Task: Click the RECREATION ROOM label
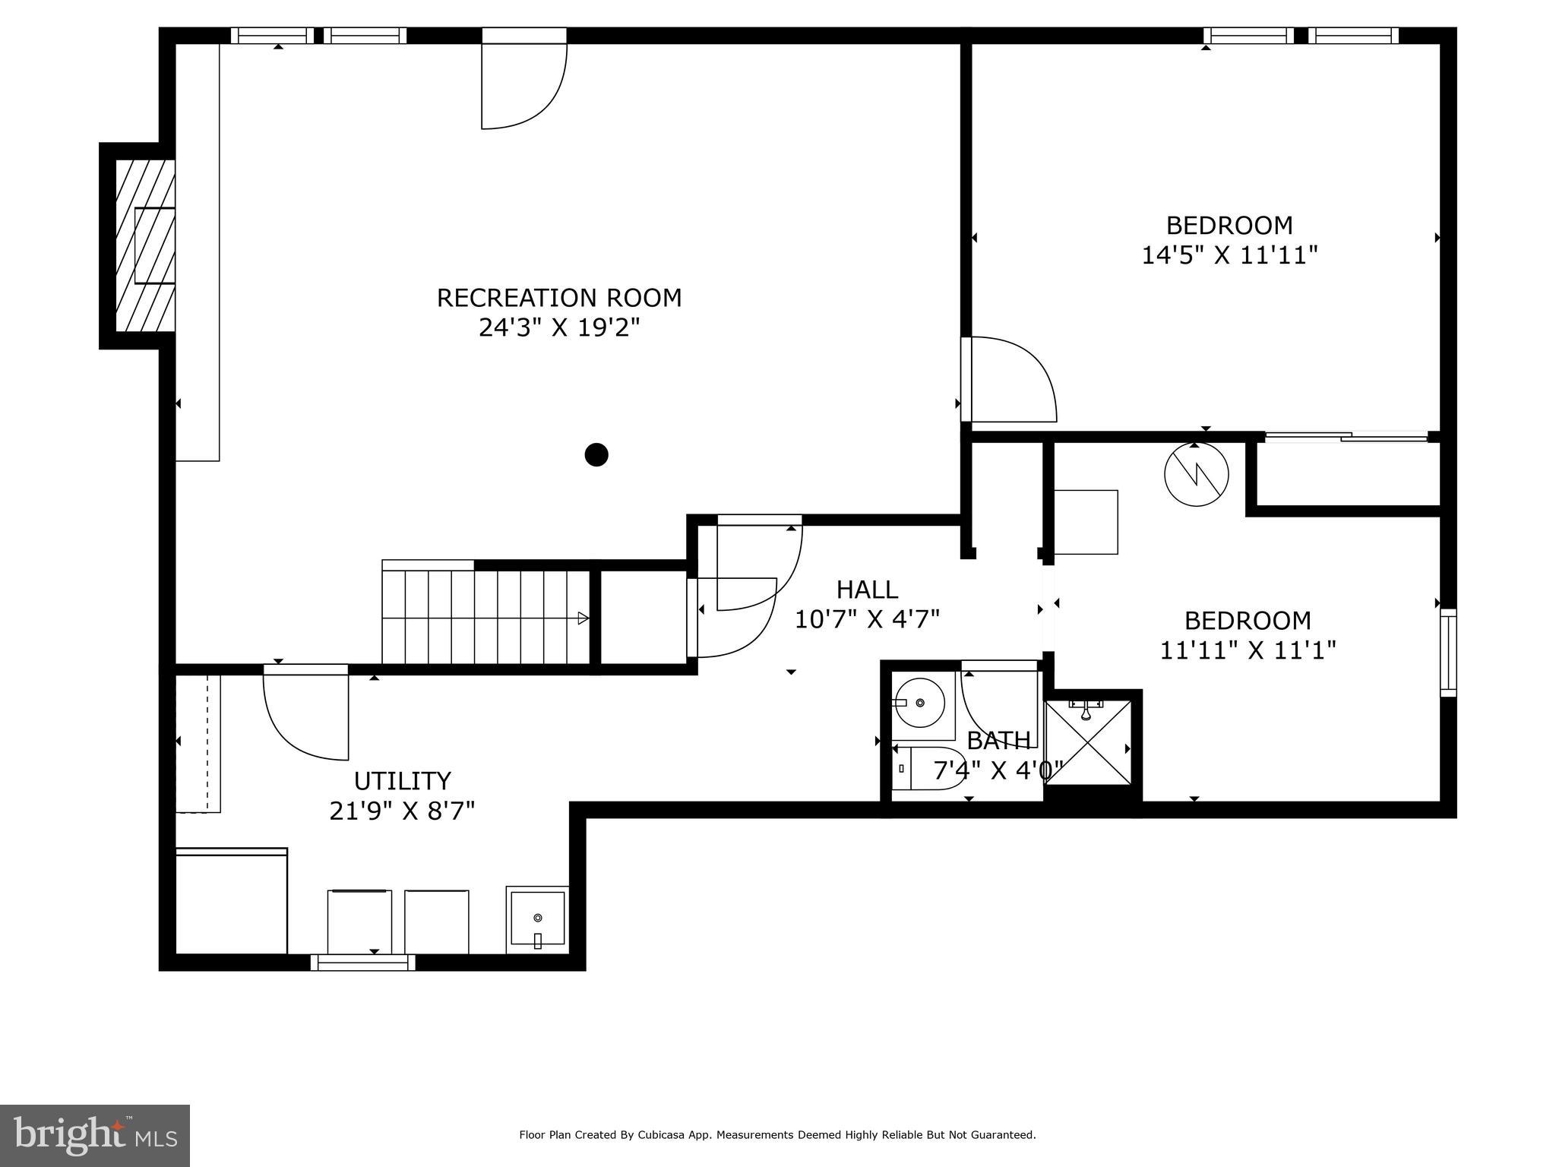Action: pos(559,297)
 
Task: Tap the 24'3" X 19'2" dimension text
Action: pos(559,327)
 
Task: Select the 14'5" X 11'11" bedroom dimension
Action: pos(1229,255)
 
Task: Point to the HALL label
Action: pos(867,589)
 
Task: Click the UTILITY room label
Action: pos(403,781)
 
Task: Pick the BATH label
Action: pos(998,740)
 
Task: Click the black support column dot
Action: pos(596,454)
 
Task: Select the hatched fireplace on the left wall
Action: pos(145,245)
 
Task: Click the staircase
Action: pos(486,617)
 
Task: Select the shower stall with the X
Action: pos(1088,742)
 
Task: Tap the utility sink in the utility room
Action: pos(537,919)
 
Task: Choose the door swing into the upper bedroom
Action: pos(1009,379)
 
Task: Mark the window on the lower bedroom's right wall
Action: pos(1449,653)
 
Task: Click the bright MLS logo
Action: pos(95,1136)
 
